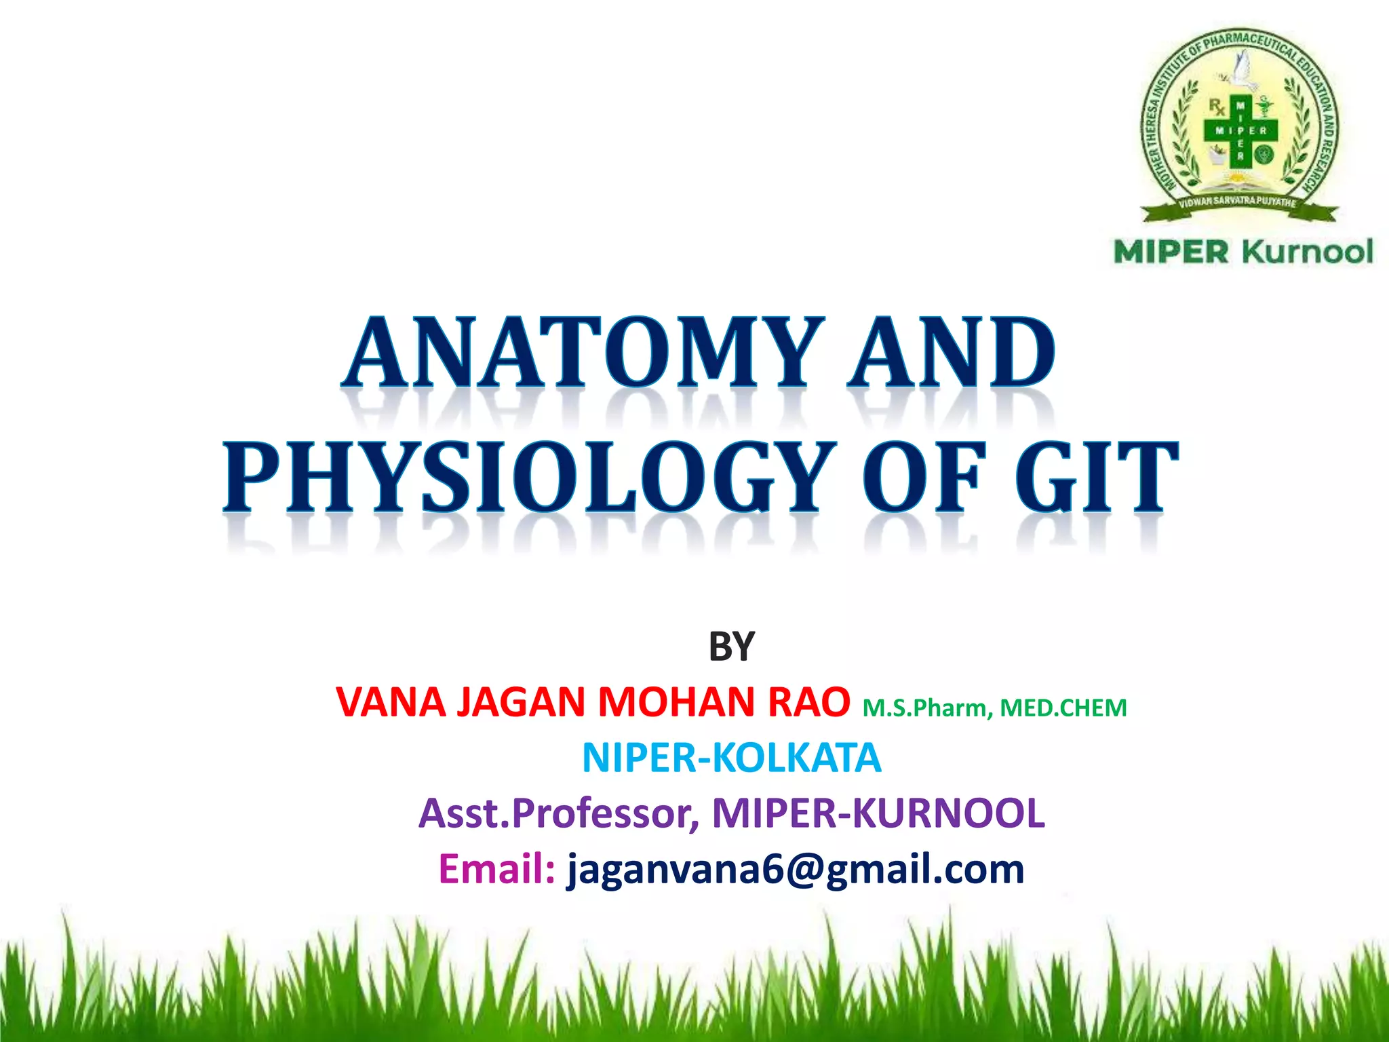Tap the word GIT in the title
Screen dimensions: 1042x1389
pos(1097,476)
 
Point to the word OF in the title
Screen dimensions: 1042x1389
pos(924,476)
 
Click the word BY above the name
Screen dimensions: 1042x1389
pos(731,647)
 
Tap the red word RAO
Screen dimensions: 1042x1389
pos(808,702)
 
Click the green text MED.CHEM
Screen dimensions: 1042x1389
pos(1063,708)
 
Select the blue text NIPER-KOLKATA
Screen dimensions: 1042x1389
pos(731,758)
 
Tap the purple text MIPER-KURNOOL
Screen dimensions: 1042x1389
pos(878,813)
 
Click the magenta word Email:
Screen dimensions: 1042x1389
pos(497,869)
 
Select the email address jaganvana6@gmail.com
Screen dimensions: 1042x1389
pos(796,869)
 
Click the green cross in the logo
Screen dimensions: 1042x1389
pos(1240,131)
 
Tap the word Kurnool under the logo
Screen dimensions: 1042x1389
pos(1308,252)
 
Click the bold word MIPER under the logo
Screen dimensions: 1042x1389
pos(1171,252)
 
